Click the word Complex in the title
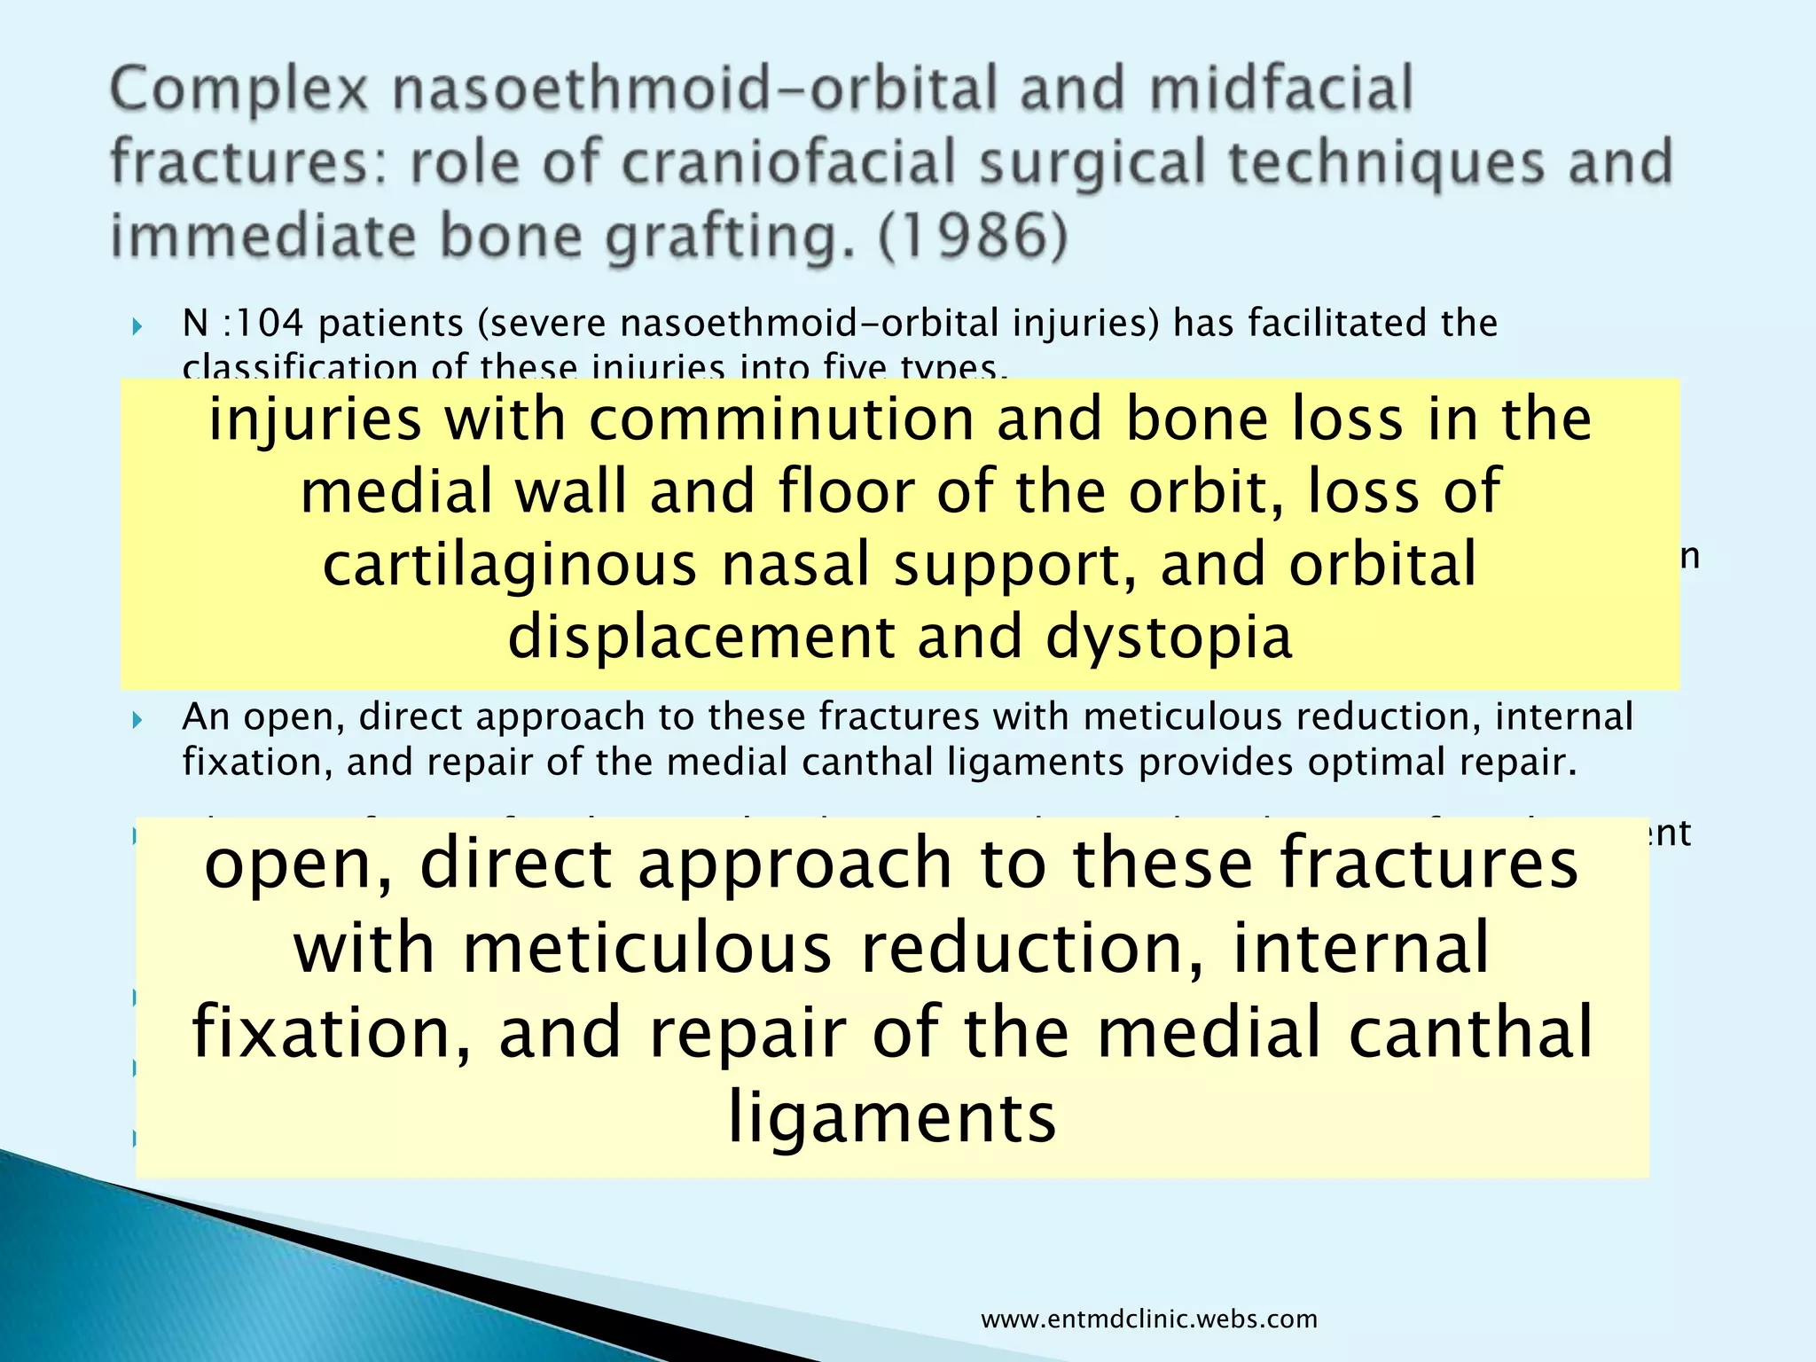point(238,90)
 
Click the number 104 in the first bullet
point(267,323)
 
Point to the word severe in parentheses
point(542,323)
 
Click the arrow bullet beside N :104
point(137,326)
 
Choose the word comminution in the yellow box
point(780,419)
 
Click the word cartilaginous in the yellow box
point(509,566)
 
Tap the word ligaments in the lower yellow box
point(892,1117)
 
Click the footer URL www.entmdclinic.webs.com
point(1149,1319)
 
